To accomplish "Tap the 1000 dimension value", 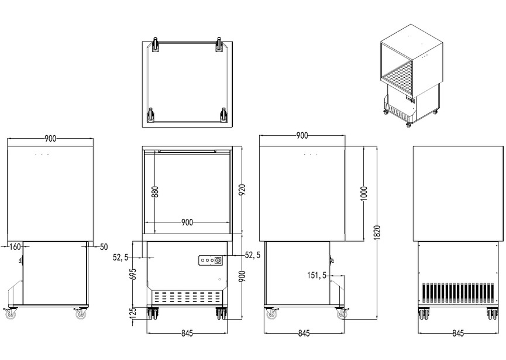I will pos(363,194).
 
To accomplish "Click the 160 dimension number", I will pos(16,247).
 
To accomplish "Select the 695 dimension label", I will pos(134,275).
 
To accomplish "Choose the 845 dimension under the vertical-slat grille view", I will pos(458,334).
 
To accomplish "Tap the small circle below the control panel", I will pos(220,279).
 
